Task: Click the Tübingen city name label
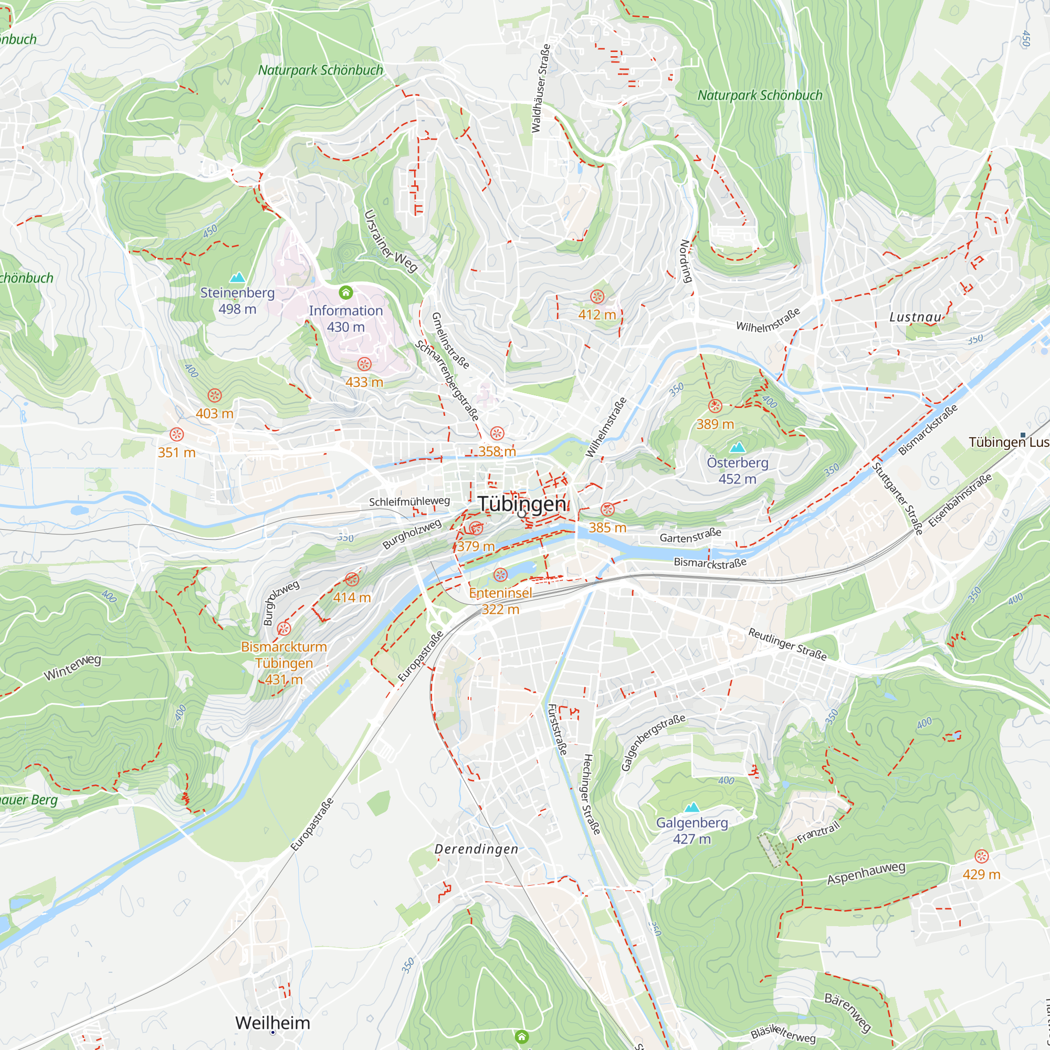coord(522,504)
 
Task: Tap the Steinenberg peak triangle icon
coord(237,278)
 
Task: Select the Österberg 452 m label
coord(737,470)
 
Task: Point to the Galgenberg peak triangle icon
coord(691,807)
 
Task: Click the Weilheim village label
coord(273,1023)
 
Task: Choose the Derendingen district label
coord(476,849)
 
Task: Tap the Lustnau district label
coord(915,317)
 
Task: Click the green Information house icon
coord(345,293)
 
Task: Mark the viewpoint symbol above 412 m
coord(597,297)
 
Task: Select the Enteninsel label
coord(500,593)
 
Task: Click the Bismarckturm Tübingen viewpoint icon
coord(283,629)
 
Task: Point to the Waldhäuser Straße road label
coord(540,89)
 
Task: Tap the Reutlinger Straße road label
coord(787,644)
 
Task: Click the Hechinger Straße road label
coord(591,794)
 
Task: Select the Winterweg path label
coord(72,667)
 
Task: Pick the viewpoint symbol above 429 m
coord(981,856)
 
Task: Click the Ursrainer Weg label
coord(390,241)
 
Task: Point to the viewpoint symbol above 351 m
coord(176,434)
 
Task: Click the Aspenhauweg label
coord(866,873)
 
